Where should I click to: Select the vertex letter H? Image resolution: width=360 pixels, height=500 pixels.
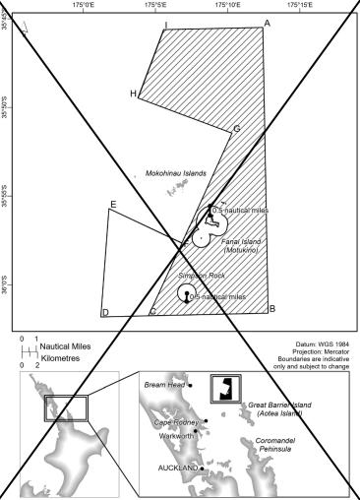(x=133, y=94)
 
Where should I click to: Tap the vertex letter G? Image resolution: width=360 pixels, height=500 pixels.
(x=236, y=129)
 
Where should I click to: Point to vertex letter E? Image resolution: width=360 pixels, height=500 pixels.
(x=114, y=205)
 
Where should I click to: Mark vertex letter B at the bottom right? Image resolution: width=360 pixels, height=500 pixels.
(x=270, y=309)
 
